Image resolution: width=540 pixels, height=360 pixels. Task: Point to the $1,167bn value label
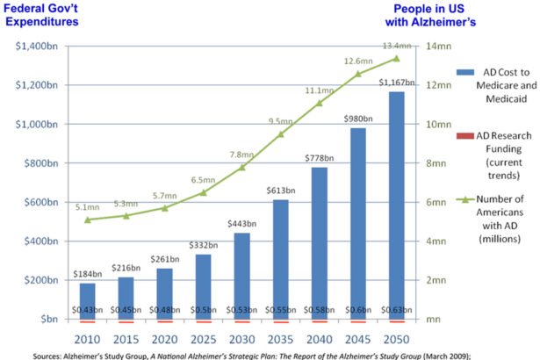[394, 83]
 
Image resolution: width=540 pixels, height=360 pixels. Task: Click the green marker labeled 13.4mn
[395, 59]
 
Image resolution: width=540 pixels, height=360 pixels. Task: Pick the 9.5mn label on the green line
[280, 121]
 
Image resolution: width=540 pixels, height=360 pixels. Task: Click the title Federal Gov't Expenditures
[48, 15]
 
